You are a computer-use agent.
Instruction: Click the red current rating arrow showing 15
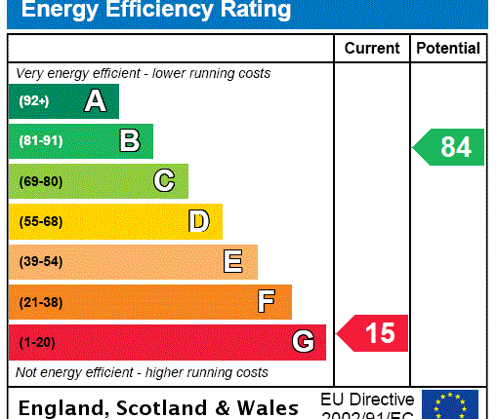point(373,334)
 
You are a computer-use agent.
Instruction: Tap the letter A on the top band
point(95,100)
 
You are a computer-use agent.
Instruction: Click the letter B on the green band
point(130,141)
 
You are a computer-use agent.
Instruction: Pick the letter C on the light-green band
point(164,181)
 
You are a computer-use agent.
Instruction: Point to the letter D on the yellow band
point(199,221)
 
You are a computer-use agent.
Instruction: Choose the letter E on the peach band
point(233,261)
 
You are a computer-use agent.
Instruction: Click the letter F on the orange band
point(267,302)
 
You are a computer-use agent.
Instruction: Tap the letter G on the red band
point(304,342)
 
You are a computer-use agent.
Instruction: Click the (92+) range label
point(33,101)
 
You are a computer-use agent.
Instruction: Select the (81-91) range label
point(40,141)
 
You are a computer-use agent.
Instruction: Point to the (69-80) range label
point(40,181)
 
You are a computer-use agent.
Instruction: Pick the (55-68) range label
point(40,221)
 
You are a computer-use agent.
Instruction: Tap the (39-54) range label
point(40,262)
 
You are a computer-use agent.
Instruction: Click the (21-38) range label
point(40,302)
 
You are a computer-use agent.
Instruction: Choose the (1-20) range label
point(37,342)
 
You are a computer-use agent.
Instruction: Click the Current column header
point(372,48)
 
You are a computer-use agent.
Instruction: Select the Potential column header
point(448,48)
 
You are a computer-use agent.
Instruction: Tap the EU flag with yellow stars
point(450,403)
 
